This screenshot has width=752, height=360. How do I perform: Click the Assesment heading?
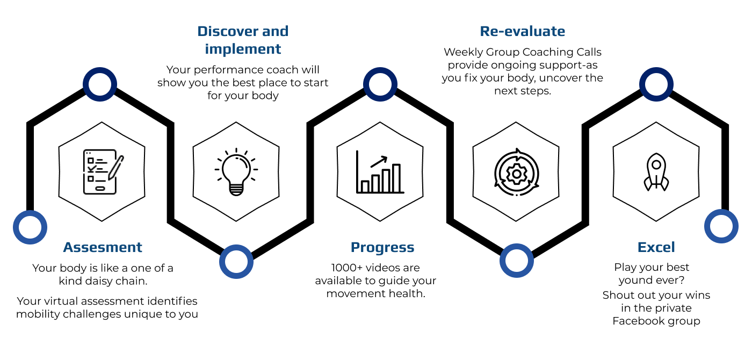click(x=103, y=247)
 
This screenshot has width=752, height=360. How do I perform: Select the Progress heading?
click(x=382, y=248)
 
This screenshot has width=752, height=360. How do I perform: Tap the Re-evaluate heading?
click(x=522, y=31)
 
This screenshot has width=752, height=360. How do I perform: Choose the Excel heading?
click(x=656, y=247)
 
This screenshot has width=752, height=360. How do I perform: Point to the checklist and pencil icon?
click(x=103, y=171)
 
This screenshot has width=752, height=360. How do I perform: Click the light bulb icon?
click(x=236, y=171)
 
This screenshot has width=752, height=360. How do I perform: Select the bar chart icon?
click(x=380, y=171)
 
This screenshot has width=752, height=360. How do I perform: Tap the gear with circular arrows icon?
click(x=516, y=172)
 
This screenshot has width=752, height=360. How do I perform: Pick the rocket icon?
click(x=656, y=172)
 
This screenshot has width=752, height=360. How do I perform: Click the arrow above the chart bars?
click(x=379, y=162)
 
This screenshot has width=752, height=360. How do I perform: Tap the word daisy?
click(x=99, y=280)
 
